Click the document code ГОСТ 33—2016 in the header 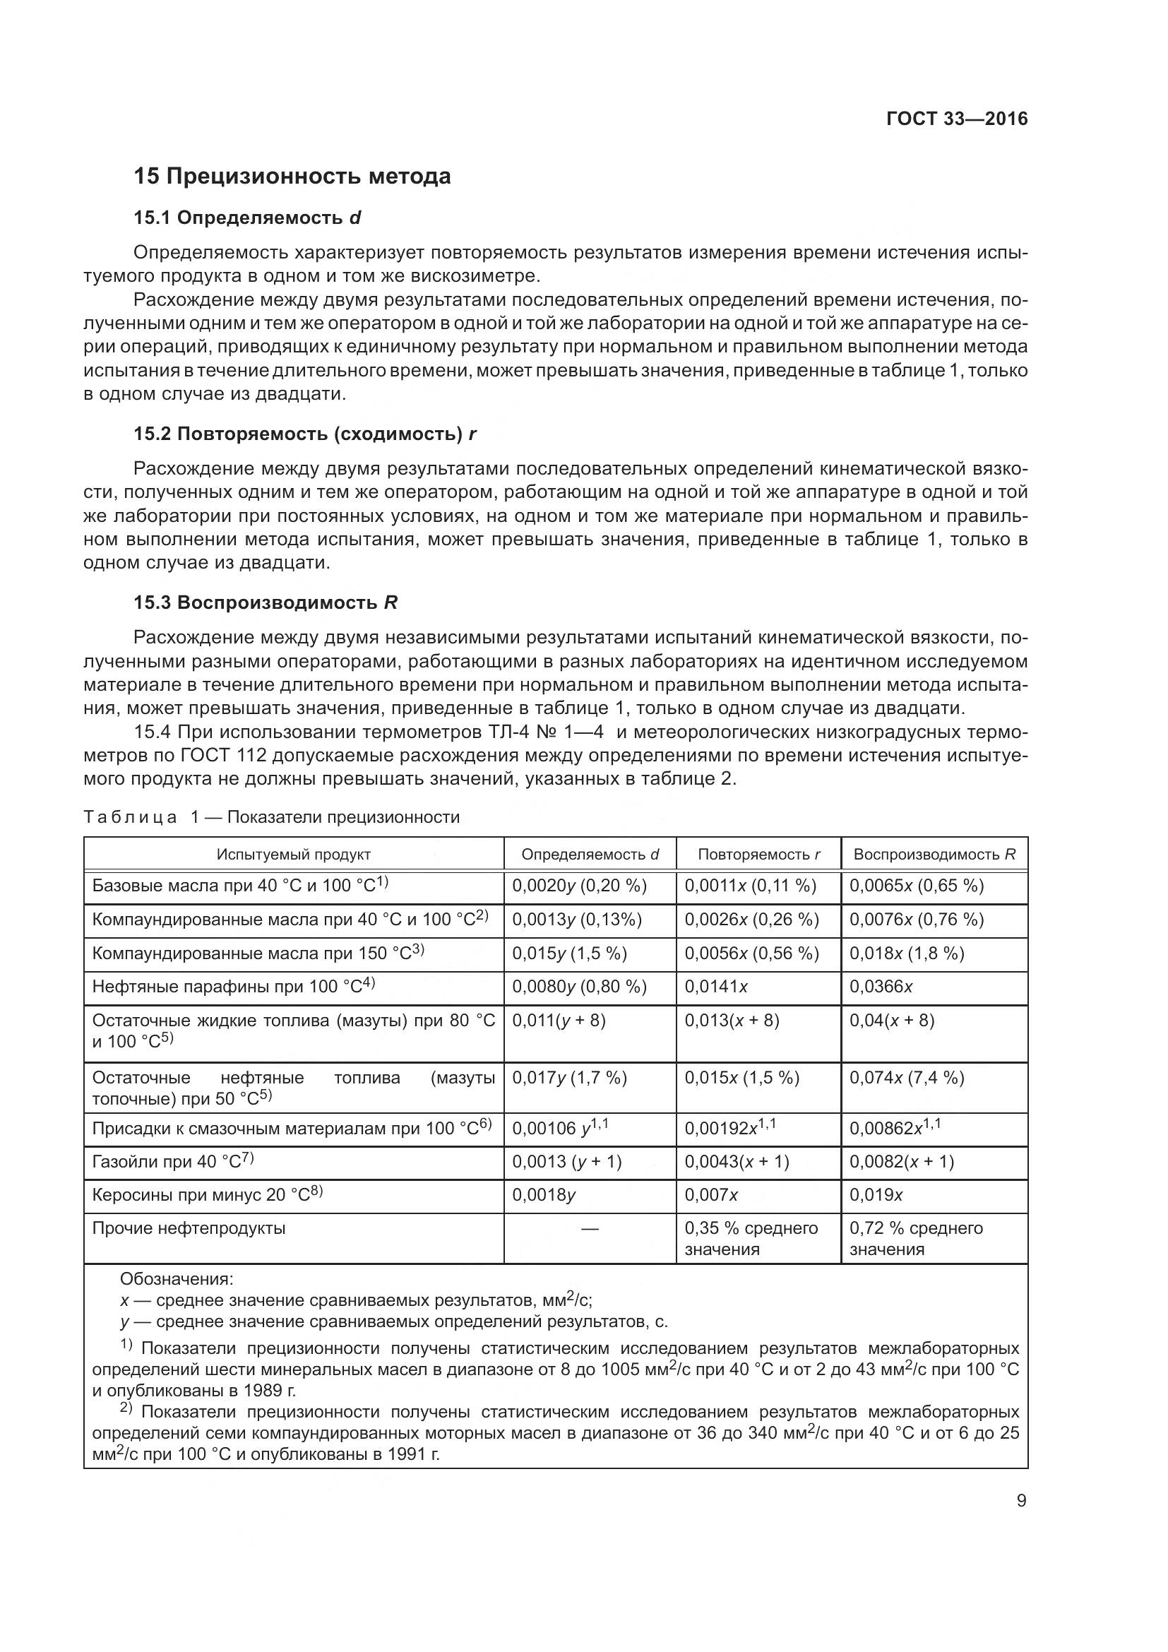957,119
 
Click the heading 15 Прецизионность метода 292,177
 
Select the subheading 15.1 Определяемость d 246,218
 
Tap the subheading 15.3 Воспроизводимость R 266,602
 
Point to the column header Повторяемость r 758,855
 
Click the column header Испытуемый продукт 294,855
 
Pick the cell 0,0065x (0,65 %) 917,886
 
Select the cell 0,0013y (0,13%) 577,920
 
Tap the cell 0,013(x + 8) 732,1021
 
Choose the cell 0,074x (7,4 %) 906,1077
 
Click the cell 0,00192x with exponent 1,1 730,1128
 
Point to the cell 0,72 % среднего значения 916,1237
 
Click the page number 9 1021,1501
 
